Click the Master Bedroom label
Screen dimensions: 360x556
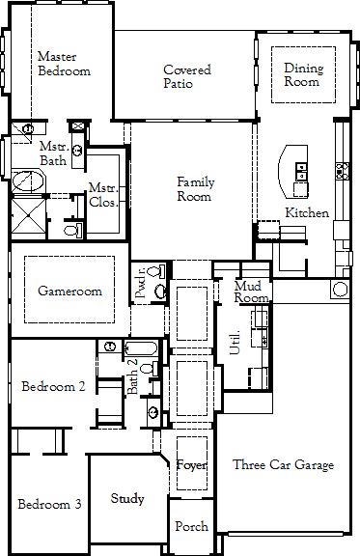[64, 64]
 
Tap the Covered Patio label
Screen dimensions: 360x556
[187, 76]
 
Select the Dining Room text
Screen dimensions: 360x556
[304, 74]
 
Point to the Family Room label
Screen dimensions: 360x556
[196, 189]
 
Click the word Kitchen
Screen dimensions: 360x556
[307, 212]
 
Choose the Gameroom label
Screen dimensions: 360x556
[69, 291]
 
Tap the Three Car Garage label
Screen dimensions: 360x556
[284, 464]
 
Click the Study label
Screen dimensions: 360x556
[127, 498]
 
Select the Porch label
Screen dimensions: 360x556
[191, 526]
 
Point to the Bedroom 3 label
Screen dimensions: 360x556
[49, 504]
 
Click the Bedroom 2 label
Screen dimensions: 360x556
[53, 386]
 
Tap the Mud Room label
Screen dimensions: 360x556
[251, 292]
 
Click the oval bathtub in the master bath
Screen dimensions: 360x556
[28, 181]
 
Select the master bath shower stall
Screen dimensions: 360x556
[28, 216]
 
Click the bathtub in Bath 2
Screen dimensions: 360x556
[141, 348]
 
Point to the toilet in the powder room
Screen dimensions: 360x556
[156, 271]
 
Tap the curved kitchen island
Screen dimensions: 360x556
[293, 172]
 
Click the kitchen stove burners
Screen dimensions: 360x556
[343, 171]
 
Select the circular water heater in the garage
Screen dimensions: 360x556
[340, 289]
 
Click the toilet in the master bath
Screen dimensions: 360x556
[73, 231]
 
